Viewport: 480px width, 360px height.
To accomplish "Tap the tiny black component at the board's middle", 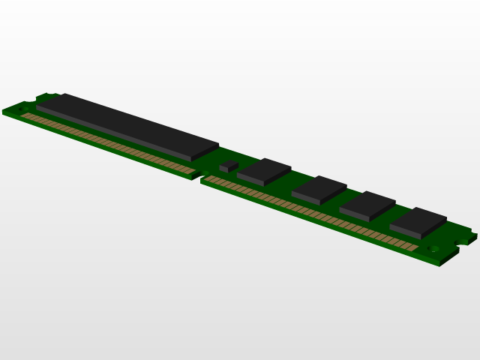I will tap(229, 165).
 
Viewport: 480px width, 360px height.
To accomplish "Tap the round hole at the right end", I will tap(433, 249).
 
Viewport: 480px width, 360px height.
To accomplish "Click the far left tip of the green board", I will tap(3, 112).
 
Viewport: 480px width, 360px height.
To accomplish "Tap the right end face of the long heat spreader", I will tap(205, 152).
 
